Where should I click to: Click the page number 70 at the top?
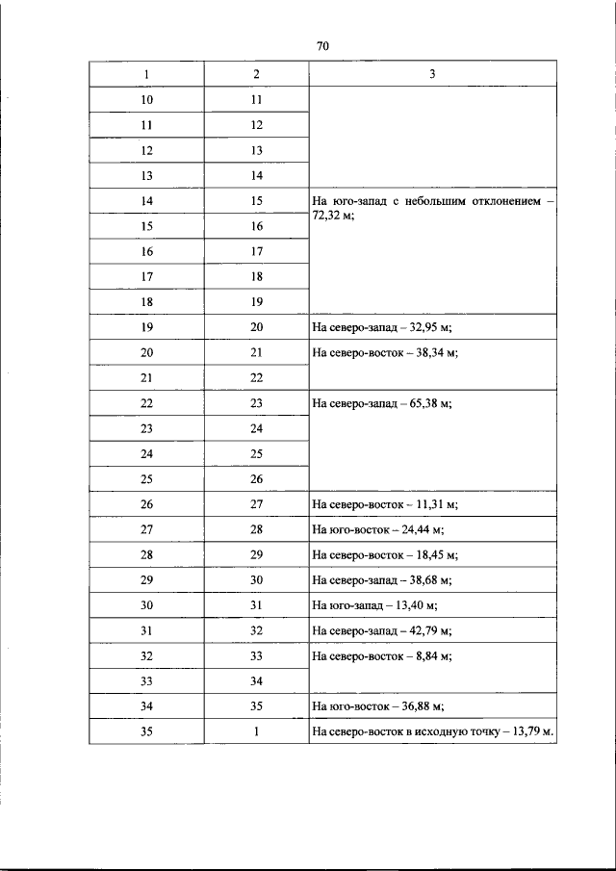[x=322, y=46]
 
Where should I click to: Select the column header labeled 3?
[x=432, y=74]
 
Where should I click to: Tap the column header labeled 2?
[x=256, y=74]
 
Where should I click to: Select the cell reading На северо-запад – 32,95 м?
[x=382, y=327]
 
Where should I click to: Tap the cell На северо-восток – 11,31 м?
[x=384, y=503]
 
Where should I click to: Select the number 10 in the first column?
[x=147, y=99]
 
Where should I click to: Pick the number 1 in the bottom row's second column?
[x=256, y=731]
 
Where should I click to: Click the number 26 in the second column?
[x=256, y=478]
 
